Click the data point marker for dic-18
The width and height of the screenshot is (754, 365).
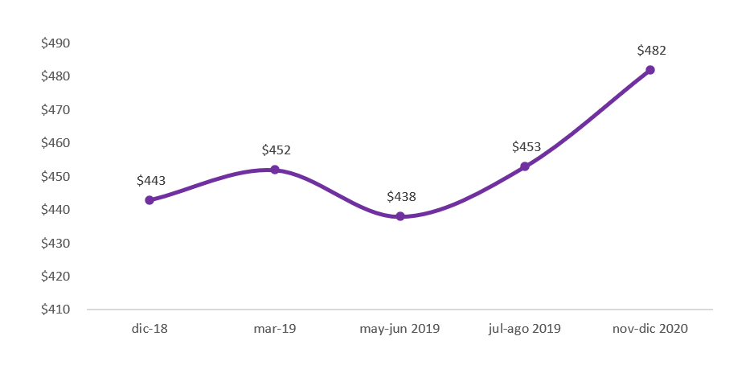point(150,200)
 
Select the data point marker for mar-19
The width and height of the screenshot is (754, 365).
point(275,170)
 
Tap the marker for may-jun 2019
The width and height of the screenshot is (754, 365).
point(400,216)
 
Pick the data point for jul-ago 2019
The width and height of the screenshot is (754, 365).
point(525,166)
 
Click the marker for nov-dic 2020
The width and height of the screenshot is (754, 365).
point(650,70)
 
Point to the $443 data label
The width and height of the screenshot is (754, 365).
point(151,180)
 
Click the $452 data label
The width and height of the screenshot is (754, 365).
point(277,150)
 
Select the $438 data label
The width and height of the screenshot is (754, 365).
point(401,196)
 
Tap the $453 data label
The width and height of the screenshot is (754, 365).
point(527,146)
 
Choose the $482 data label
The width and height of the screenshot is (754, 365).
point(651,50)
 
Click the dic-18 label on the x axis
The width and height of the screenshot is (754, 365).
point(150,329)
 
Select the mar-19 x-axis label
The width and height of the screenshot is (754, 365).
point(275,329)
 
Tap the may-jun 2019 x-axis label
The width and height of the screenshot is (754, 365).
point(400,329)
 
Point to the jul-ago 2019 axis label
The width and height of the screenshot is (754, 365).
point(525,329)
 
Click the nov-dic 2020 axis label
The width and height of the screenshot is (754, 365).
point(650,329)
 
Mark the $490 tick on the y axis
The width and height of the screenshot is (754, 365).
point(56,43)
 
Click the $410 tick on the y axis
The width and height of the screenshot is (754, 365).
point(56,310)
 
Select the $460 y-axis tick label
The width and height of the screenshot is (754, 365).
point(56,143)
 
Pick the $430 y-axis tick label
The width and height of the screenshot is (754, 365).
point(56,243)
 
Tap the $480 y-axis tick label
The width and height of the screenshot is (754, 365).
point(56,76)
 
